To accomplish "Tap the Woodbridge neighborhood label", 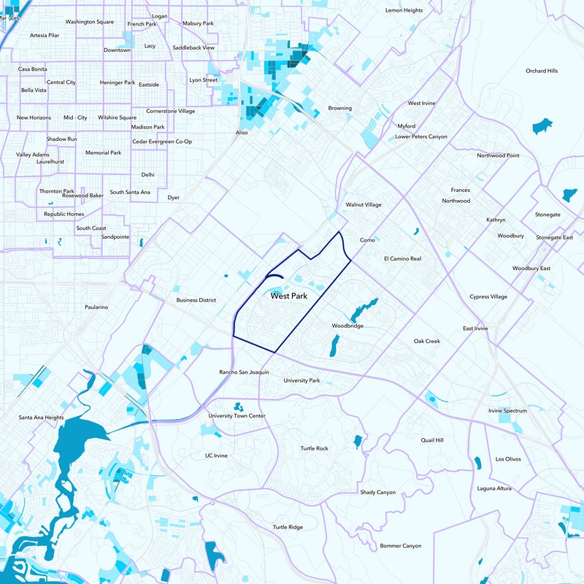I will coord(347,326).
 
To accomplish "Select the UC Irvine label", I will coord(216,456).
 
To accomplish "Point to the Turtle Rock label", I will coord(315,448).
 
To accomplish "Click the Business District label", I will coord(196,300).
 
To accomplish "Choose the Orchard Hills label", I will coord(541,71).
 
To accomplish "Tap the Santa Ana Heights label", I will coord(42,418).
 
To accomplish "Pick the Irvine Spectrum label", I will coord(507,411).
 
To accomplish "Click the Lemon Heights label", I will coord(404,10).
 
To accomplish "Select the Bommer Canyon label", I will coord(400,546).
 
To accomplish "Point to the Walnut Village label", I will coord(364,205).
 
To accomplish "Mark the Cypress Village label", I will coord(488,297).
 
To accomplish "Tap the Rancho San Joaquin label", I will coord(244,372).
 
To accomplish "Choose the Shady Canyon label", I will coord(378,493).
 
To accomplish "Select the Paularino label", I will coord(96,307).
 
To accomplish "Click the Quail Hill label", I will coord(432,440).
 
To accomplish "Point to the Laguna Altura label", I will coord(494,488).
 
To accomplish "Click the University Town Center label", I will coord(237,416).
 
